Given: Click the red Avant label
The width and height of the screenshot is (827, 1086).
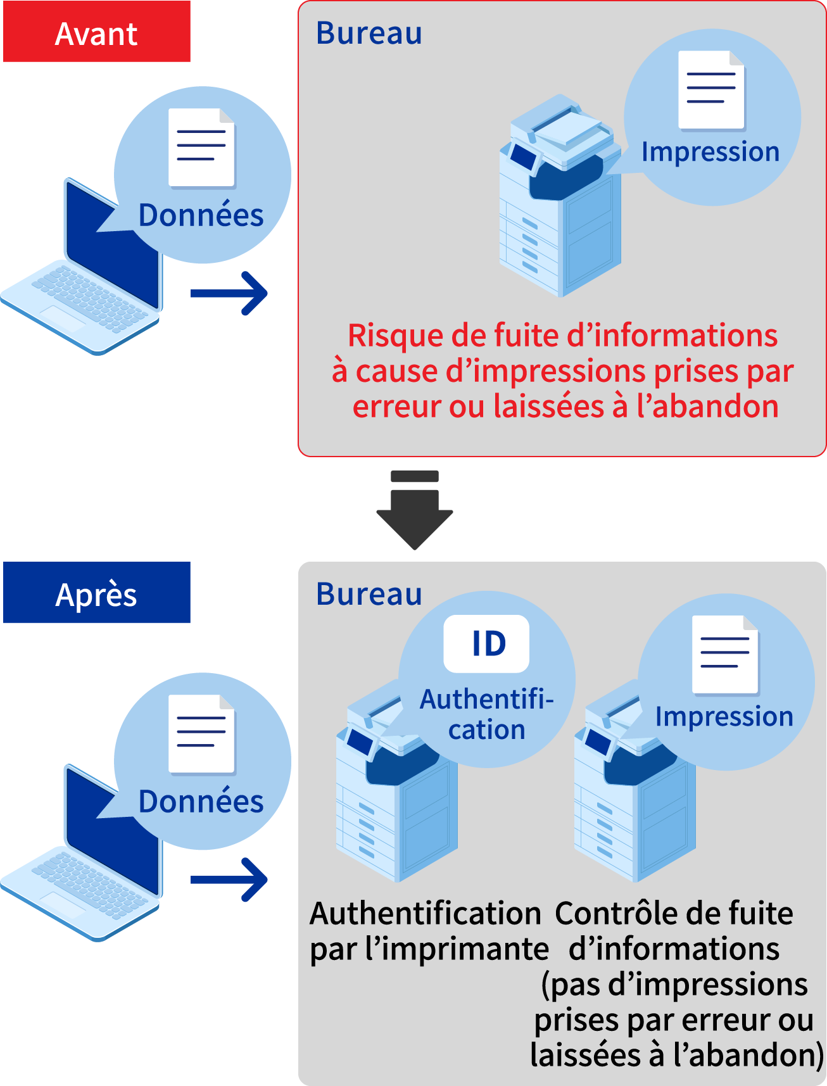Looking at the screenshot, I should [x=96, y=32].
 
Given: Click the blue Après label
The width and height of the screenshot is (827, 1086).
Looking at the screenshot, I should [x=96, y=593].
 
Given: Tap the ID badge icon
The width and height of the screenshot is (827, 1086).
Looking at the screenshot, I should [x=486, y=643].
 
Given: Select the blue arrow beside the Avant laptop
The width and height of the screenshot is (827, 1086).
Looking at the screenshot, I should [x=230, y=293].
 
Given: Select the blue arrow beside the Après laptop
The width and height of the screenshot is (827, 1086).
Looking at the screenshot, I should [x=230, y=880].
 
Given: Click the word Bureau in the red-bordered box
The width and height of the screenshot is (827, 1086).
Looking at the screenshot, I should [x=369, y=34].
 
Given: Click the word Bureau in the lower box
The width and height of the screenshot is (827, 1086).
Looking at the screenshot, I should [x=369, y=595].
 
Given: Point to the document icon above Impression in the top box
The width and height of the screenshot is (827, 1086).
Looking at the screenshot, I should [x=711, y=90].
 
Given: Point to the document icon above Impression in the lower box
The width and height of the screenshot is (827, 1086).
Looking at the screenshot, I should [x=725, y=654].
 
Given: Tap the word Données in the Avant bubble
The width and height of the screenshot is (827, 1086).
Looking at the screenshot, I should [x=201, y=216].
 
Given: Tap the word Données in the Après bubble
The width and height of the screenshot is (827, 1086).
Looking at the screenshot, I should [x=201, y=802].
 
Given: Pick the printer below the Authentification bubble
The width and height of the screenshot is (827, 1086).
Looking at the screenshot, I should [x=396, y=804].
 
